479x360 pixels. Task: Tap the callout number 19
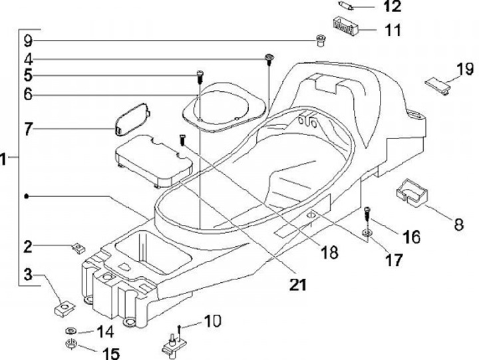tap(465, 69)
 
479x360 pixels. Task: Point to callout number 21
tap(298, 285)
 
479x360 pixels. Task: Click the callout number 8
tap(459, 225)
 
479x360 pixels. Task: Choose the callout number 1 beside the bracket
tap(3, 159)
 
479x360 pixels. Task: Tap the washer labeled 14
tap(71, 331)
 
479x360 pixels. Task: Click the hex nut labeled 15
tap(71, 344)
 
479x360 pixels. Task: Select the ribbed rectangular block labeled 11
tap(345, 25)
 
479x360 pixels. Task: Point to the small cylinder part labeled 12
tap(347, 5)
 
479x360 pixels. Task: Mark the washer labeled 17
tap(367, 234)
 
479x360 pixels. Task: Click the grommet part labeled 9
tap(320, 41)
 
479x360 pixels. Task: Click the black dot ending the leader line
tap(27, 196)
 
